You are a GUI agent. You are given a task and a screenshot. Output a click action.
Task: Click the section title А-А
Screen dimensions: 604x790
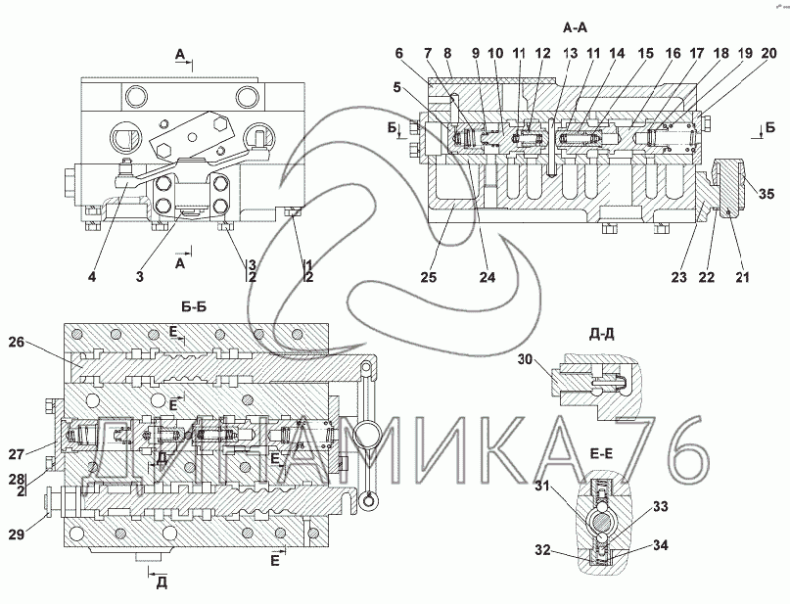pos(576,28)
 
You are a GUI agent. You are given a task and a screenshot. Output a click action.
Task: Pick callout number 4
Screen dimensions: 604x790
pos(91,277)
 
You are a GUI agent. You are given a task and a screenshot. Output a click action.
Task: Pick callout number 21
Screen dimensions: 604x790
pos(741,278)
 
